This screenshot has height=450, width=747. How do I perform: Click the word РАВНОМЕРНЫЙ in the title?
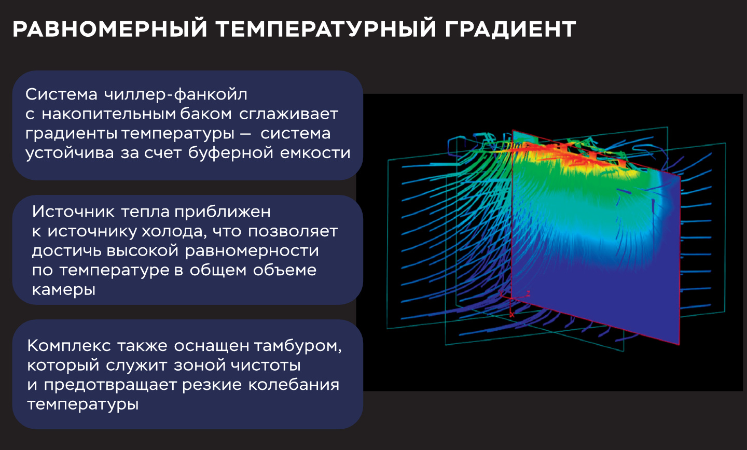[x=110, y=29]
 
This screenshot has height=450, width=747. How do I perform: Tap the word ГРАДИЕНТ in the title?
[x=510, y=29]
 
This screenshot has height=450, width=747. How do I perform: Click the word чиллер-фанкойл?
[x=175, y=95]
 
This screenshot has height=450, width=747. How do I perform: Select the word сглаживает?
[x=289, y=115]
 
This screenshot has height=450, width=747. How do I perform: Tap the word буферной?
[x=231, y=153]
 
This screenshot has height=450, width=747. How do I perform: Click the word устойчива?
[x=70, y=153]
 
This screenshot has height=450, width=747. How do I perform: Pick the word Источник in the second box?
[x=73, y=212]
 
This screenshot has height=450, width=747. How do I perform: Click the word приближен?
[x=223, y=212]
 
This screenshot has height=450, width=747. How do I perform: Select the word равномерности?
[x=252, y=251]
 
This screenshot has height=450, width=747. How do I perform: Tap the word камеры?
[x=64, y=290]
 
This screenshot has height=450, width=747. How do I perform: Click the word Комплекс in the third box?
[x=69, y=346]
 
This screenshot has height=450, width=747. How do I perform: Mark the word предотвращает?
[x=110, y=385]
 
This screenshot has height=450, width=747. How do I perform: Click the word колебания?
[x=294, y=385]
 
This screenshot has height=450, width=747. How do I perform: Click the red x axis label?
[x=512, y=315]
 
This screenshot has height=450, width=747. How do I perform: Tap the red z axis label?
[x=528, y=293]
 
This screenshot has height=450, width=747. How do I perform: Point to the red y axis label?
[x=501, y=293]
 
